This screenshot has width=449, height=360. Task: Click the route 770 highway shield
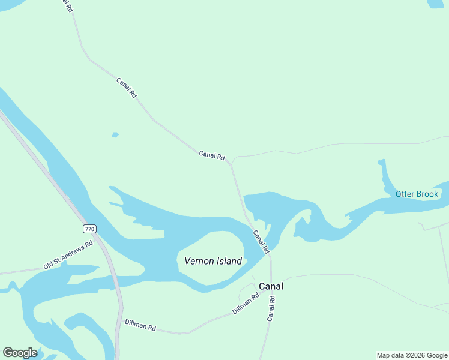click(89, 229)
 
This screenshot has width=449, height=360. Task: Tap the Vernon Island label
click(213, 261)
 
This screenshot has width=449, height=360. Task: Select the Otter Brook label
click(417, 194)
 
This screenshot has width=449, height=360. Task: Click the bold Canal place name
click(271, 286)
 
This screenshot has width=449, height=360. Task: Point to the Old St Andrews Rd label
click(68, 254)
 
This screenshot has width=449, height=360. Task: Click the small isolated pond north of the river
click(115, 135)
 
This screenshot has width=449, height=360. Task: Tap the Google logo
click(20, 353)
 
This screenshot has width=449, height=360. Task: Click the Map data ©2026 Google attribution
click(412, 355)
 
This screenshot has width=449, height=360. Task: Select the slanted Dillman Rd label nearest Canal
click(246, 304)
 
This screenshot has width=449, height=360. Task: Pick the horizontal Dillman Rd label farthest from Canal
click(140, 326)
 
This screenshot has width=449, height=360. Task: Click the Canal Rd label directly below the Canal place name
click(271, 308)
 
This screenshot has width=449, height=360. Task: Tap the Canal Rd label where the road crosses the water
click(261, 241)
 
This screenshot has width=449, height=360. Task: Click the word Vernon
click(198, 261)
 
